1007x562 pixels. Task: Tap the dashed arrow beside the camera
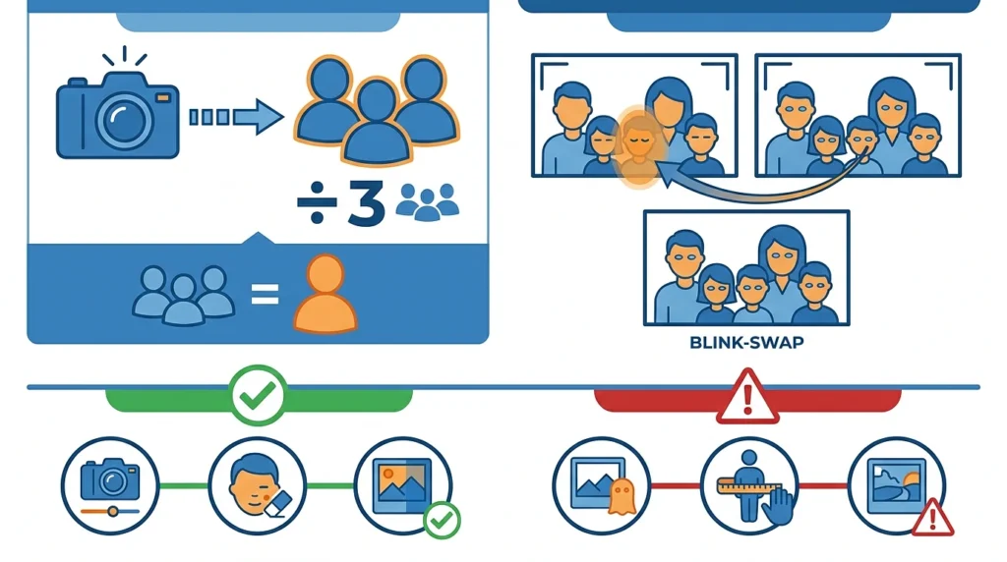click(x=236, y=117)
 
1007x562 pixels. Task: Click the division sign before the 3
click(x=317, y=203)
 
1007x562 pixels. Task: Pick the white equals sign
click(x=265, y=295)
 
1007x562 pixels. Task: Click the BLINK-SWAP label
click(x=746, y=343)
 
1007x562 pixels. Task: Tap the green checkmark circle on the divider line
click(x=258, y=395)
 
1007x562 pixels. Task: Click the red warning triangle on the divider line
click(x=747, y=398)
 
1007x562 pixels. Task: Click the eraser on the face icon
click(x=277, y=504)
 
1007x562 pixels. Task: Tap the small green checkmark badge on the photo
click(x=442, y=521)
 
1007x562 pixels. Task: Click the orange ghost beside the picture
click(x=622, y=496)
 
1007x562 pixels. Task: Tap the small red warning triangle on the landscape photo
click(x=932, y=517)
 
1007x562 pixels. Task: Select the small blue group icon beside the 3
click(x=428, y=201)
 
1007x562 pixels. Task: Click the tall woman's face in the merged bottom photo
click(x=781, y=257)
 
